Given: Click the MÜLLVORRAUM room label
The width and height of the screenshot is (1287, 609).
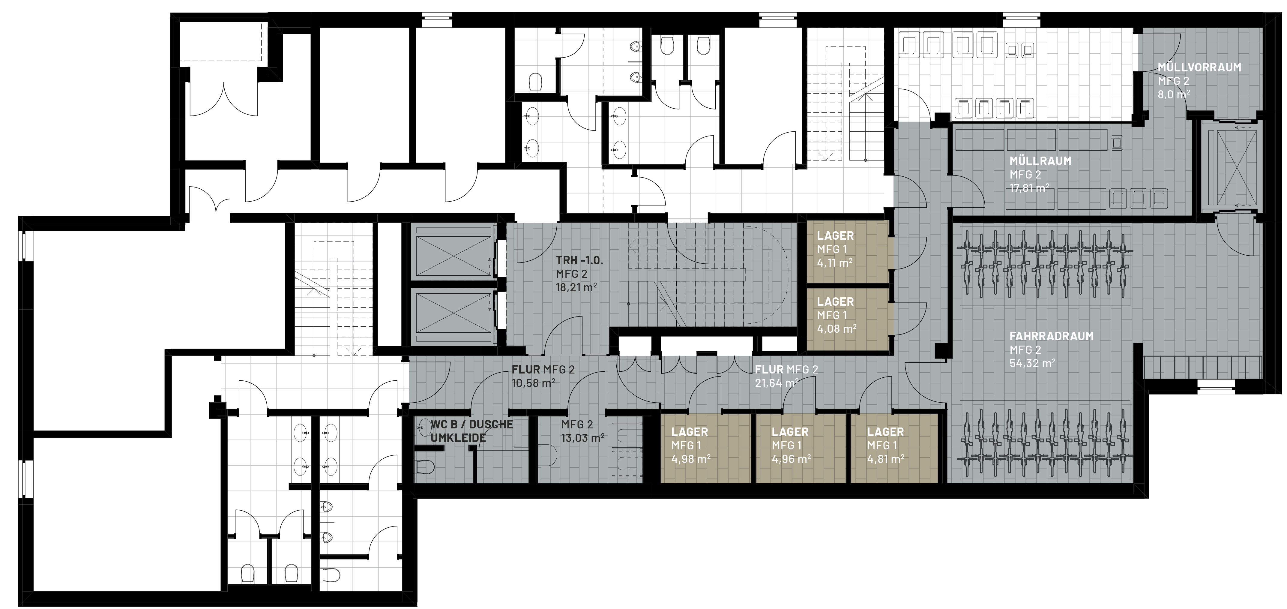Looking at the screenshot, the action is coord(1199,67).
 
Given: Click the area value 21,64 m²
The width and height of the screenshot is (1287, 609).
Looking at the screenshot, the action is coord(777,383).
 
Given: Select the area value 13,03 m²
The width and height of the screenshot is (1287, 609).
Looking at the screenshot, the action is coord(583,438).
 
